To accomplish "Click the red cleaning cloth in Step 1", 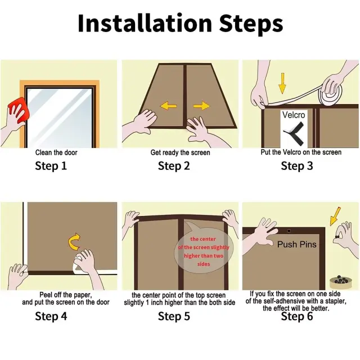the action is [17, 110].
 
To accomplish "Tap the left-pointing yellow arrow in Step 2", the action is [168, 106].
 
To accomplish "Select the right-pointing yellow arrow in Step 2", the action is [201, 106].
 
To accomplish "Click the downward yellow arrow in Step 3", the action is [282, 83].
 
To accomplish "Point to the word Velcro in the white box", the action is [294, 115].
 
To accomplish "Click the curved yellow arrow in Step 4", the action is [74, 242].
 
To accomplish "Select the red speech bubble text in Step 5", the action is [204, 251].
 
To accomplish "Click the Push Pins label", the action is [296, 245].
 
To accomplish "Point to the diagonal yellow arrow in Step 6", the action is [335, 216].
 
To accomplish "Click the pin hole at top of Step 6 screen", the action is [289, 231].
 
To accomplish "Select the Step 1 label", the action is [51, 166].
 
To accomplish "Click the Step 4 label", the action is [51, 316].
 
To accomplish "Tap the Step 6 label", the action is [297, 316].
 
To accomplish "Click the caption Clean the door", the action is [56, 152].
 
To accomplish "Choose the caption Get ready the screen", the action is [180, 152].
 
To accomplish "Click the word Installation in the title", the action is [145, 23].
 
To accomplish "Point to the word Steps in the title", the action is [251, 24].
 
